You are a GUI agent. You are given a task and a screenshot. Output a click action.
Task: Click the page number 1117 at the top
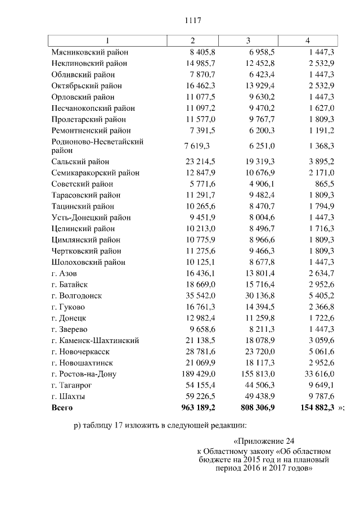tap(193, 21)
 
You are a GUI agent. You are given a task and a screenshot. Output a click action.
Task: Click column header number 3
tap(248, 41)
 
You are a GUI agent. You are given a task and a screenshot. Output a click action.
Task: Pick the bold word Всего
tap(62, 407)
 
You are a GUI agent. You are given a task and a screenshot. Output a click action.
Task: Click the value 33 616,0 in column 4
tap(318, 374)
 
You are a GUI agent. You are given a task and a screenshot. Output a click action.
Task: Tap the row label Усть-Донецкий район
tap(91, 218)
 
